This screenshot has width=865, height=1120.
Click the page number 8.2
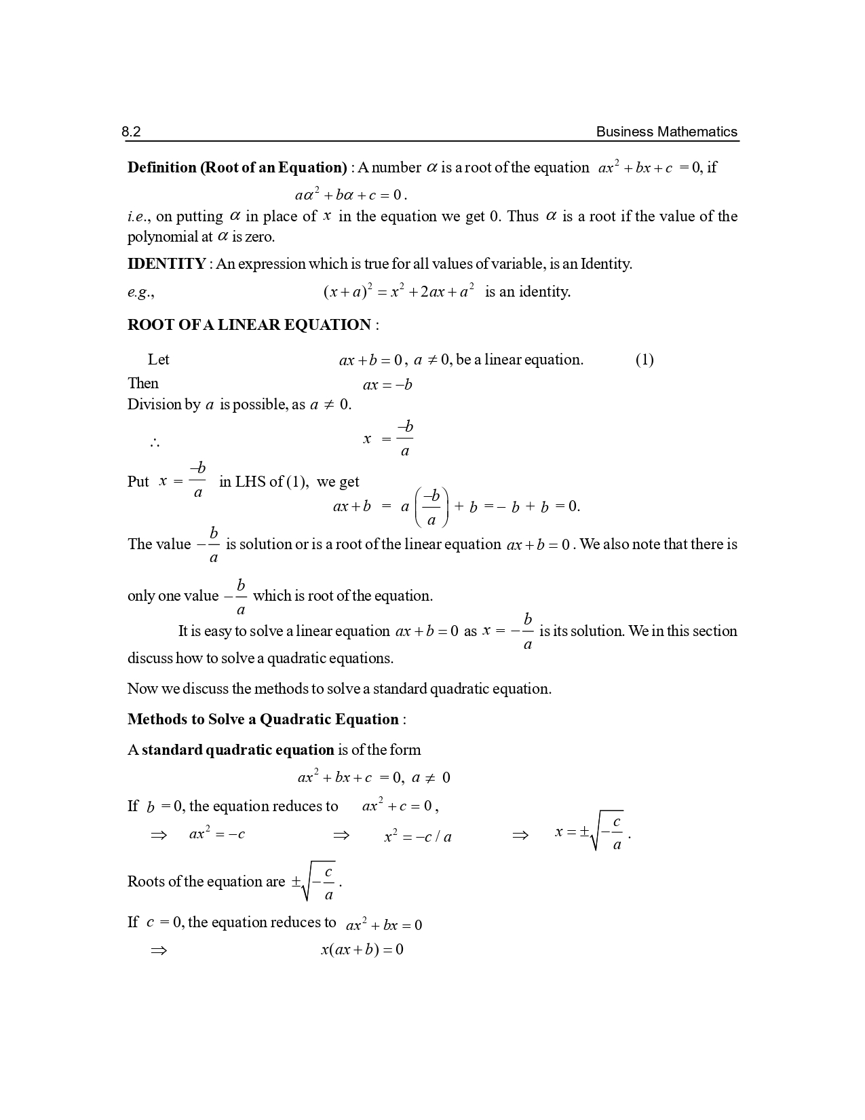click(131, 132)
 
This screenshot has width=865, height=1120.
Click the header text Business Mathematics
click(666, 132)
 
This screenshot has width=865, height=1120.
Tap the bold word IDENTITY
click(166, 264)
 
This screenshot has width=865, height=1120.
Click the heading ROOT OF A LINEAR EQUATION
click(249, 325)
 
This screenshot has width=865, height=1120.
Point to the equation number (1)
click(645, 360)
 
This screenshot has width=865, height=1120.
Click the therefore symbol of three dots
click(155, 443)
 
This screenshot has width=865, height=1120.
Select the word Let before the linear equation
click(159, 360)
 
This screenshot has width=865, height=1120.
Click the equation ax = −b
click(387, 385)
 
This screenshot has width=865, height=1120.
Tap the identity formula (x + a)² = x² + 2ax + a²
click(398, 292)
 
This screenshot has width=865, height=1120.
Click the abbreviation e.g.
click(140, 293)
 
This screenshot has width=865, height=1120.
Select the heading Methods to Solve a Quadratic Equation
click(263, 720)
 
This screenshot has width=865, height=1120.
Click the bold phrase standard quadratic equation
click(237, 750)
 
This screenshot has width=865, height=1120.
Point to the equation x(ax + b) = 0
click(362, 950)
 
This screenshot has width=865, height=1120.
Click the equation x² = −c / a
click(418, 836)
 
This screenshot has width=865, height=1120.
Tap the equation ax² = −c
click(217, 834)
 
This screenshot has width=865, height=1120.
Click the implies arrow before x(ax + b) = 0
click(158, 950)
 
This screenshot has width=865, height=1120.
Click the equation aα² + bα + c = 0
click(350, 195)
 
